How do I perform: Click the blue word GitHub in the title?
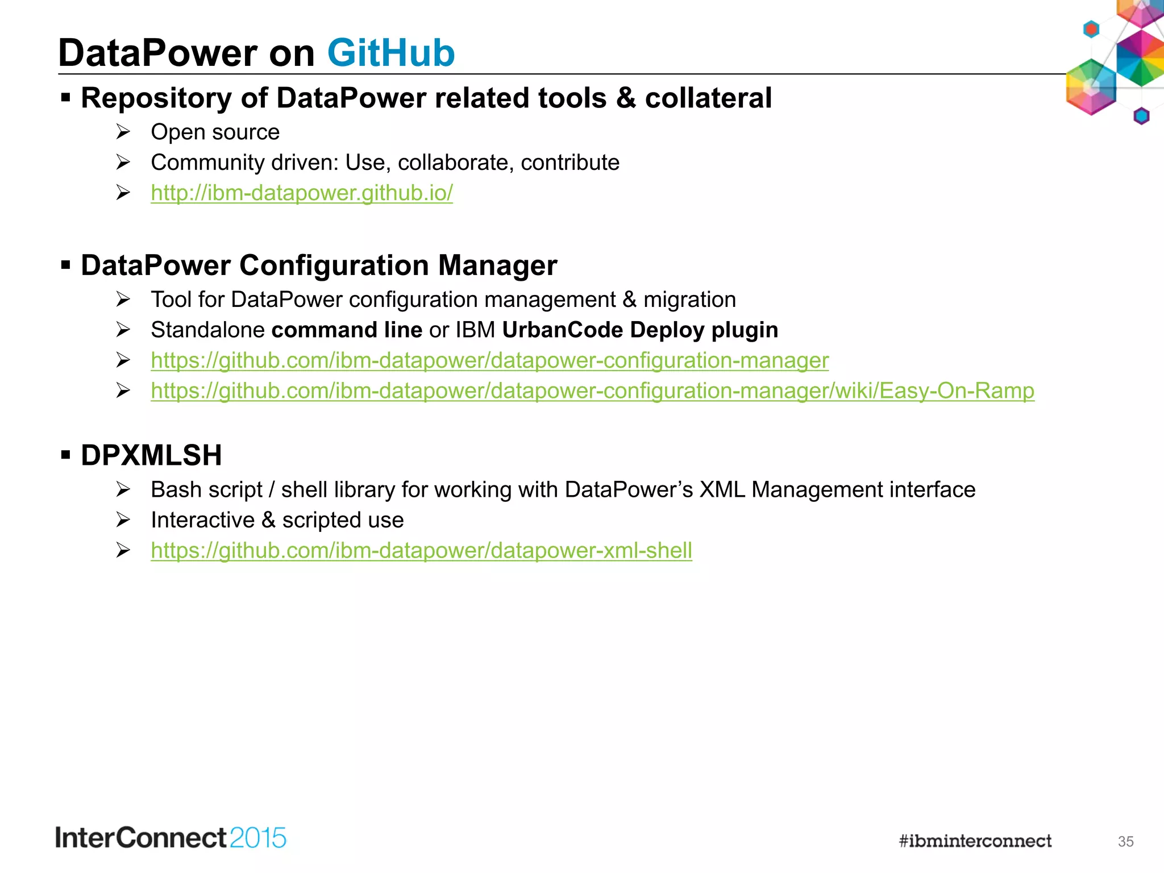click(391, 53)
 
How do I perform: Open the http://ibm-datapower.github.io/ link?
click(302, 193)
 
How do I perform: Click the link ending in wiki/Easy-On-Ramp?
click(592, 391)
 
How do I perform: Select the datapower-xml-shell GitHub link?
click(421, 551)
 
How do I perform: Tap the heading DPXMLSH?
click(151, 455)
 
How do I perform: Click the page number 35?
click(1125, 842)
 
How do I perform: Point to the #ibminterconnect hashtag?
click(975, 841)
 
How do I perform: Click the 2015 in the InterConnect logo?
click(258, 838)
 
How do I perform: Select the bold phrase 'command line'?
click(347, 330)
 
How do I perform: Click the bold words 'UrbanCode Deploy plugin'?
click(640, 330)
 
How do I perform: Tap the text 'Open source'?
click(215, 132)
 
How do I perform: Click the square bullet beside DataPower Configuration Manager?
click(66, 265)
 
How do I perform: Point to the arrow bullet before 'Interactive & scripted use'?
click(123, 519)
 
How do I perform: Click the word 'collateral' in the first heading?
click(708, 98)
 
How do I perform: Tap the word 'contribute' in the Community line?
click(569, 163)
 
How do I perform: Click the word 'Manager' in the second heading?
click(497, 265)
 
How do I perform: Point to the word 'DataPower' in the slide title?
click(158, 53)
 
